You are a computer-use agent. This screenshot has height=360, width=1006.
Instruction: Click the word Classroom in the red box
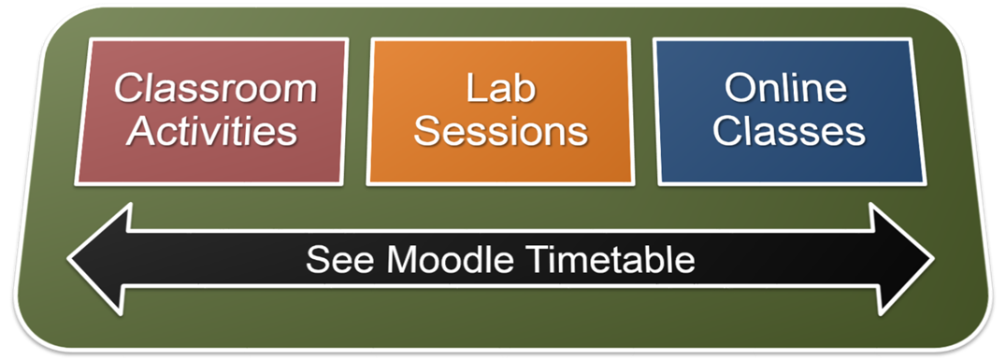(x=216, y=89)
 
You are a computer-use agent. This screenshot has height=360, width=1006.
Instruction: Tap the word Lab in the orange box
(x=500, y=89)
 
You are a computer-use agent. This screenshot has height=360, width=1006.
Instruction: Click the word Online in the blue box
(x=786, y=89)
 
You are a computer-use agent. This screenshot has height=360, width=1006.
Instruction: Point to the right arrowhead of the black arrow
(x=901, y=259)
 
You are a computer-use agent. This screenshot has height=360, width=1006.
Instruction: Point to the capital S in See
(x=318, y=260)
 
